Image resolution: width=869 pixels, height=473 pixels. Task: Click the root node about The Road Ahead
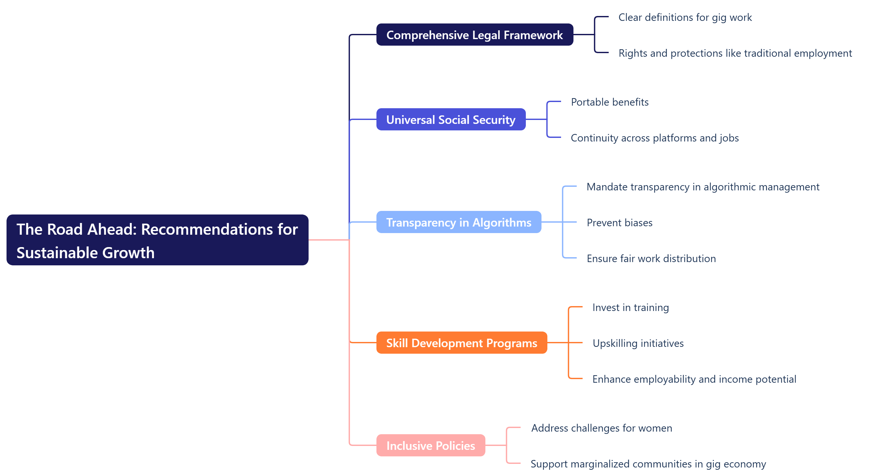(157, 240)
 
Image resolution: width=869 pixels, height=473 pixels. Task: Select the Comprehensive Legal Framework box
(474, 35)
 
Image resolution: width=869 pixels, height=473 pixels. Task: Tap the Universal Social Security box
(451, 119)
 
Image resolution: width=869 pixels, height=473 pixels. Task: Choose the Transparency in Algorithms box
(458, 222)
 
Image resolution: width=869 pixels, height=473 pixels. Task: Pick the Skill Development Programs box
(461, 343)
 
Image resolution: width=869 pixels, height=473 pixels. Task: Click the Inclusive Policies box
(431, 445)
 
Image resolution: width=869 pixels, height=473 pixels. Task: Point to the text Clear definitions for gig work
(685, 17)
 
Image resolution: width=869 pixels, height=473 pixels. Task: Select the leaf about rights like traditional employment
(735, 53)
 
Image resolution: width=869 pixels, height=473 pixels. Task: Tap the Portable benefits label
(609, 102)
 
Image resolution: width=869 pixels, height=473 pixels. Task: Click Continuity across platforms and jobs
(654, 138)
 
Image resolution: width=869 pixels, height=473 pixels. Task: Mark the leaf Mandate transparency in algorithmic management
(703, 187)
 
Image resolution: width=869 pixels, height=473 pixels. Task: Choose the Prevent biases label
(619, 223)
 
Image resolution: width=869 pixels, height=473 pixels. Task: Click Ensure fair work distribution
(651, 258)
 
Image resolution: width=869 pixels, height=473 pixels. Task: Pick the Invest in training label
(630, 307)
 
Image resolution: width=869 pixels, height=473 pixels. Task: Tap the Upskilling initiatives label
(638, 343)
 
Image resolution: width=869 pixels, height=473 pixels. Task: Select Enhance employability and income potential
(694, 379)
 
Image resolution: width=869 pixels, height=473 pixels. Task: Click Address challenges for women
(602, 428)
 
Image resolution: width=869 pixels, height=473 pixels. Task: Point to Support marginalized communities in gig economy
(648, 464)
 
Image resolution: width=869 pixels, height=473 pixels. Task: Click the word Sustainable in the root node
(57, 253)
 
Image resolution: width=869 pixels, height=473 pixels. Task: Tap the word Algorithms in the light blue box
(502, 223)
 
